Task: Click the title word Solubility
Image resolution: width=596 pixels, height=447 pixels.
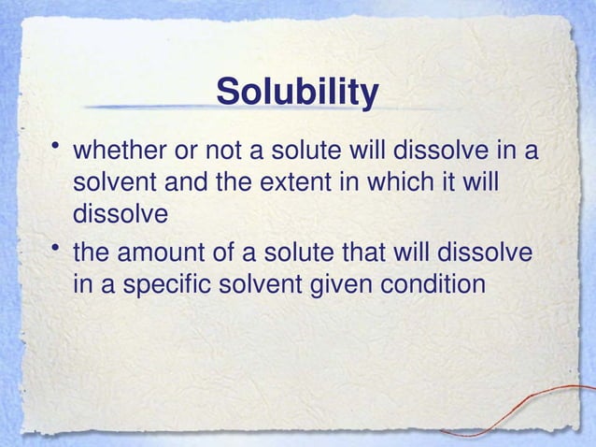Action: pyautogui.click(x=297, y=94)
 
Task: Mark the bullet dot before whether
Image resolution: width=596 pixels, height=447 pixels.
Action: pyautogui.click(x=57, y=146)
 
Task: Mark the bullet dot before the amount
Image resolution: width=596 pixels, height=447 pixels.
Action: pyautogui.click(x=57, y=249)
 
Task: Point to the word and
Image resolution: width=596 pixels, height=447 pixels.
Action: pyautogui.click(x=185, y=181)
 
